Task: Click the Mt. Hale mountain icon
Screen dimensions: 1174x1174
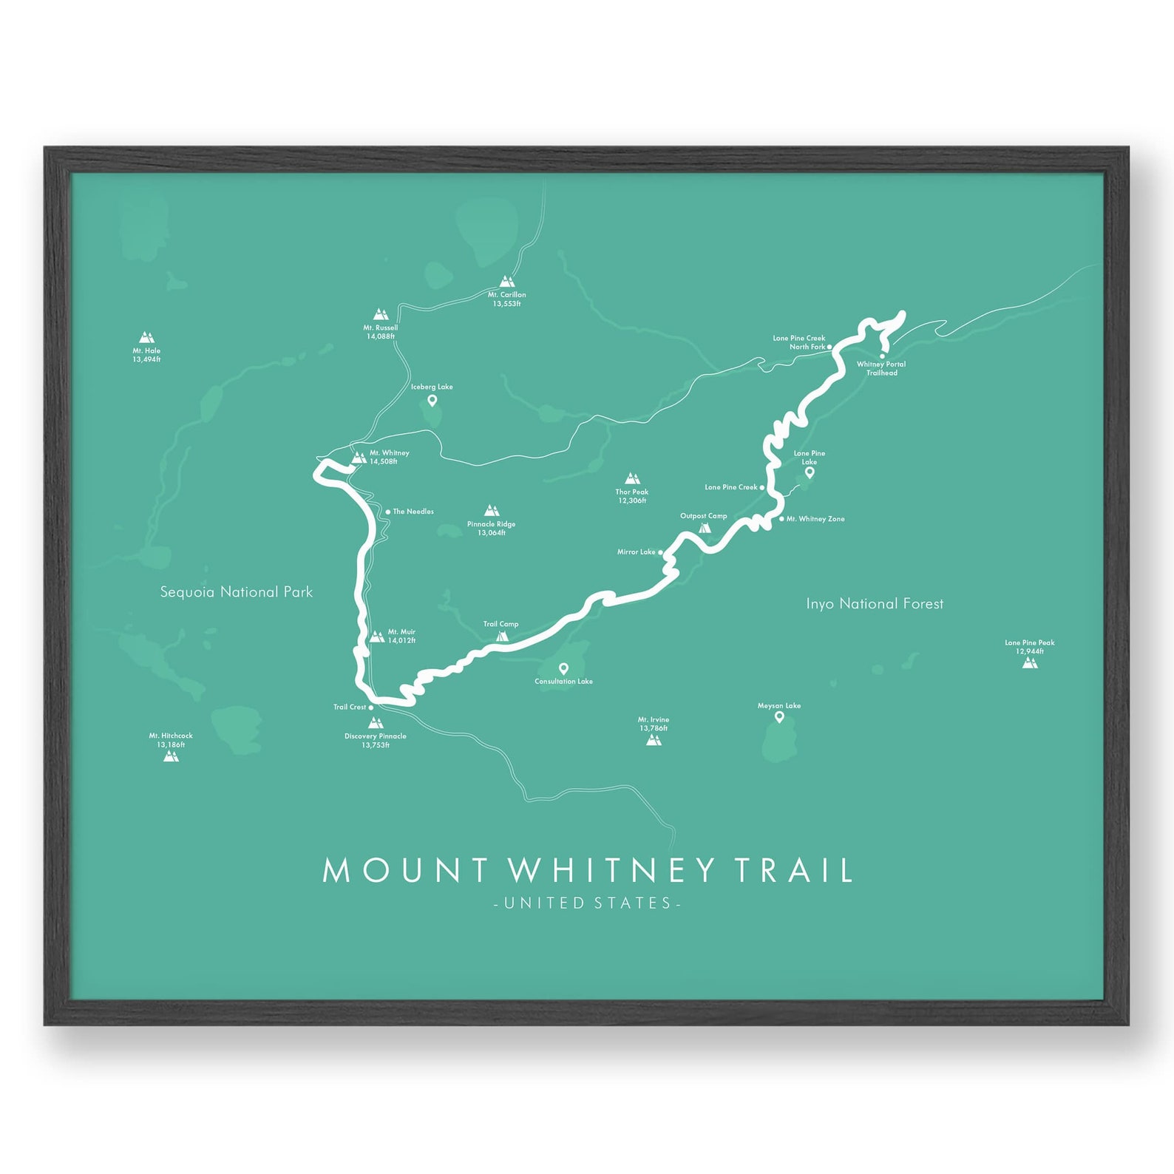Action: click(x=146, y=338)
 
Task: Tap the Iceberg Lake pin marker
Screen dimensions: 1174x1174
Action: click(x=432, y=401)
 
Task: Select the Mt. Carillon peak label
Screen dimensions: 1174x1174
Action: click(x=507, y=299)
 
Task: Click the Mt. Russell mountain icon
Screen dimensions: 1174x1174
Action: click(x=381, y=314)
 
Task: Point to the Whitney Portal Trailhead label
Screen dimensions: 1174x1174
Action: click(x=881, y=368)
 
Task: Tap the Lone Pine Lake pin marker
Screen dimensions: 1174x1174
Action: click(x=810, y=472)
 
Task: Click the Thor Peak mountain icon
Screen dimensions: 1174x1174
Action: click(x=632, y=478)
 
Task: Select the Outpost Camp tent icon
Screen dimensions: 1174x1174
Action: click(x=705, y=528)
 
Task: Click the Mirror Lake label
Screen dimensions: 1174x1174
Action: click(x=636, y=552)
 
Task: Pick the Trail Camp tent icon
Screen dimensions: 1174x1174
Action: click(x=503, y=636)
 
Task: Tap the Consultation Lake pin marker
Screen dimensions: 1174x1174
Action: click(x=563, y=668)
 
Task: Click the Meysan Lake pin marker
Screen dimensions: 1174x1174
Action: click(x=779, y=716)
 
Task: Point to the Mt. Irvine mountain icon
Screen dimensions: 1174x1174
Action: click(x=654, y=739)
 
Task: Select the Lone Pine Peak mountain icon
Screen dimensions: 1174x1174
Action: click(x=1030, y=662)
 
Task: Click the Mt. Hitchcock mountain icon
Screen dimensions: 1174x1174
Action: click(x=171, y=756)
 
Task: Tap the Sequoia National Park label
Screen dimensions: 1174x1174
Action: click(x=237, y=592)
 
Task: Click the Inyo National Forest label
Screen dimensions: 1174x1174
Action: click(x=875, y=604)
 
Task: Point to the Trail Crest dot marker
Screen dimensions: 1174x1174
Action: click(x=371, y=708)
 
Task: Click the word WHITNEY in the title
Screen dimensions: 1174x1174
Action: click(x=612, y=870)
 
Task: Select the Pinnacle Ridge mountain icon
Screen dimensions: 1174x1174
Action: click(x=492, y=511)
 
